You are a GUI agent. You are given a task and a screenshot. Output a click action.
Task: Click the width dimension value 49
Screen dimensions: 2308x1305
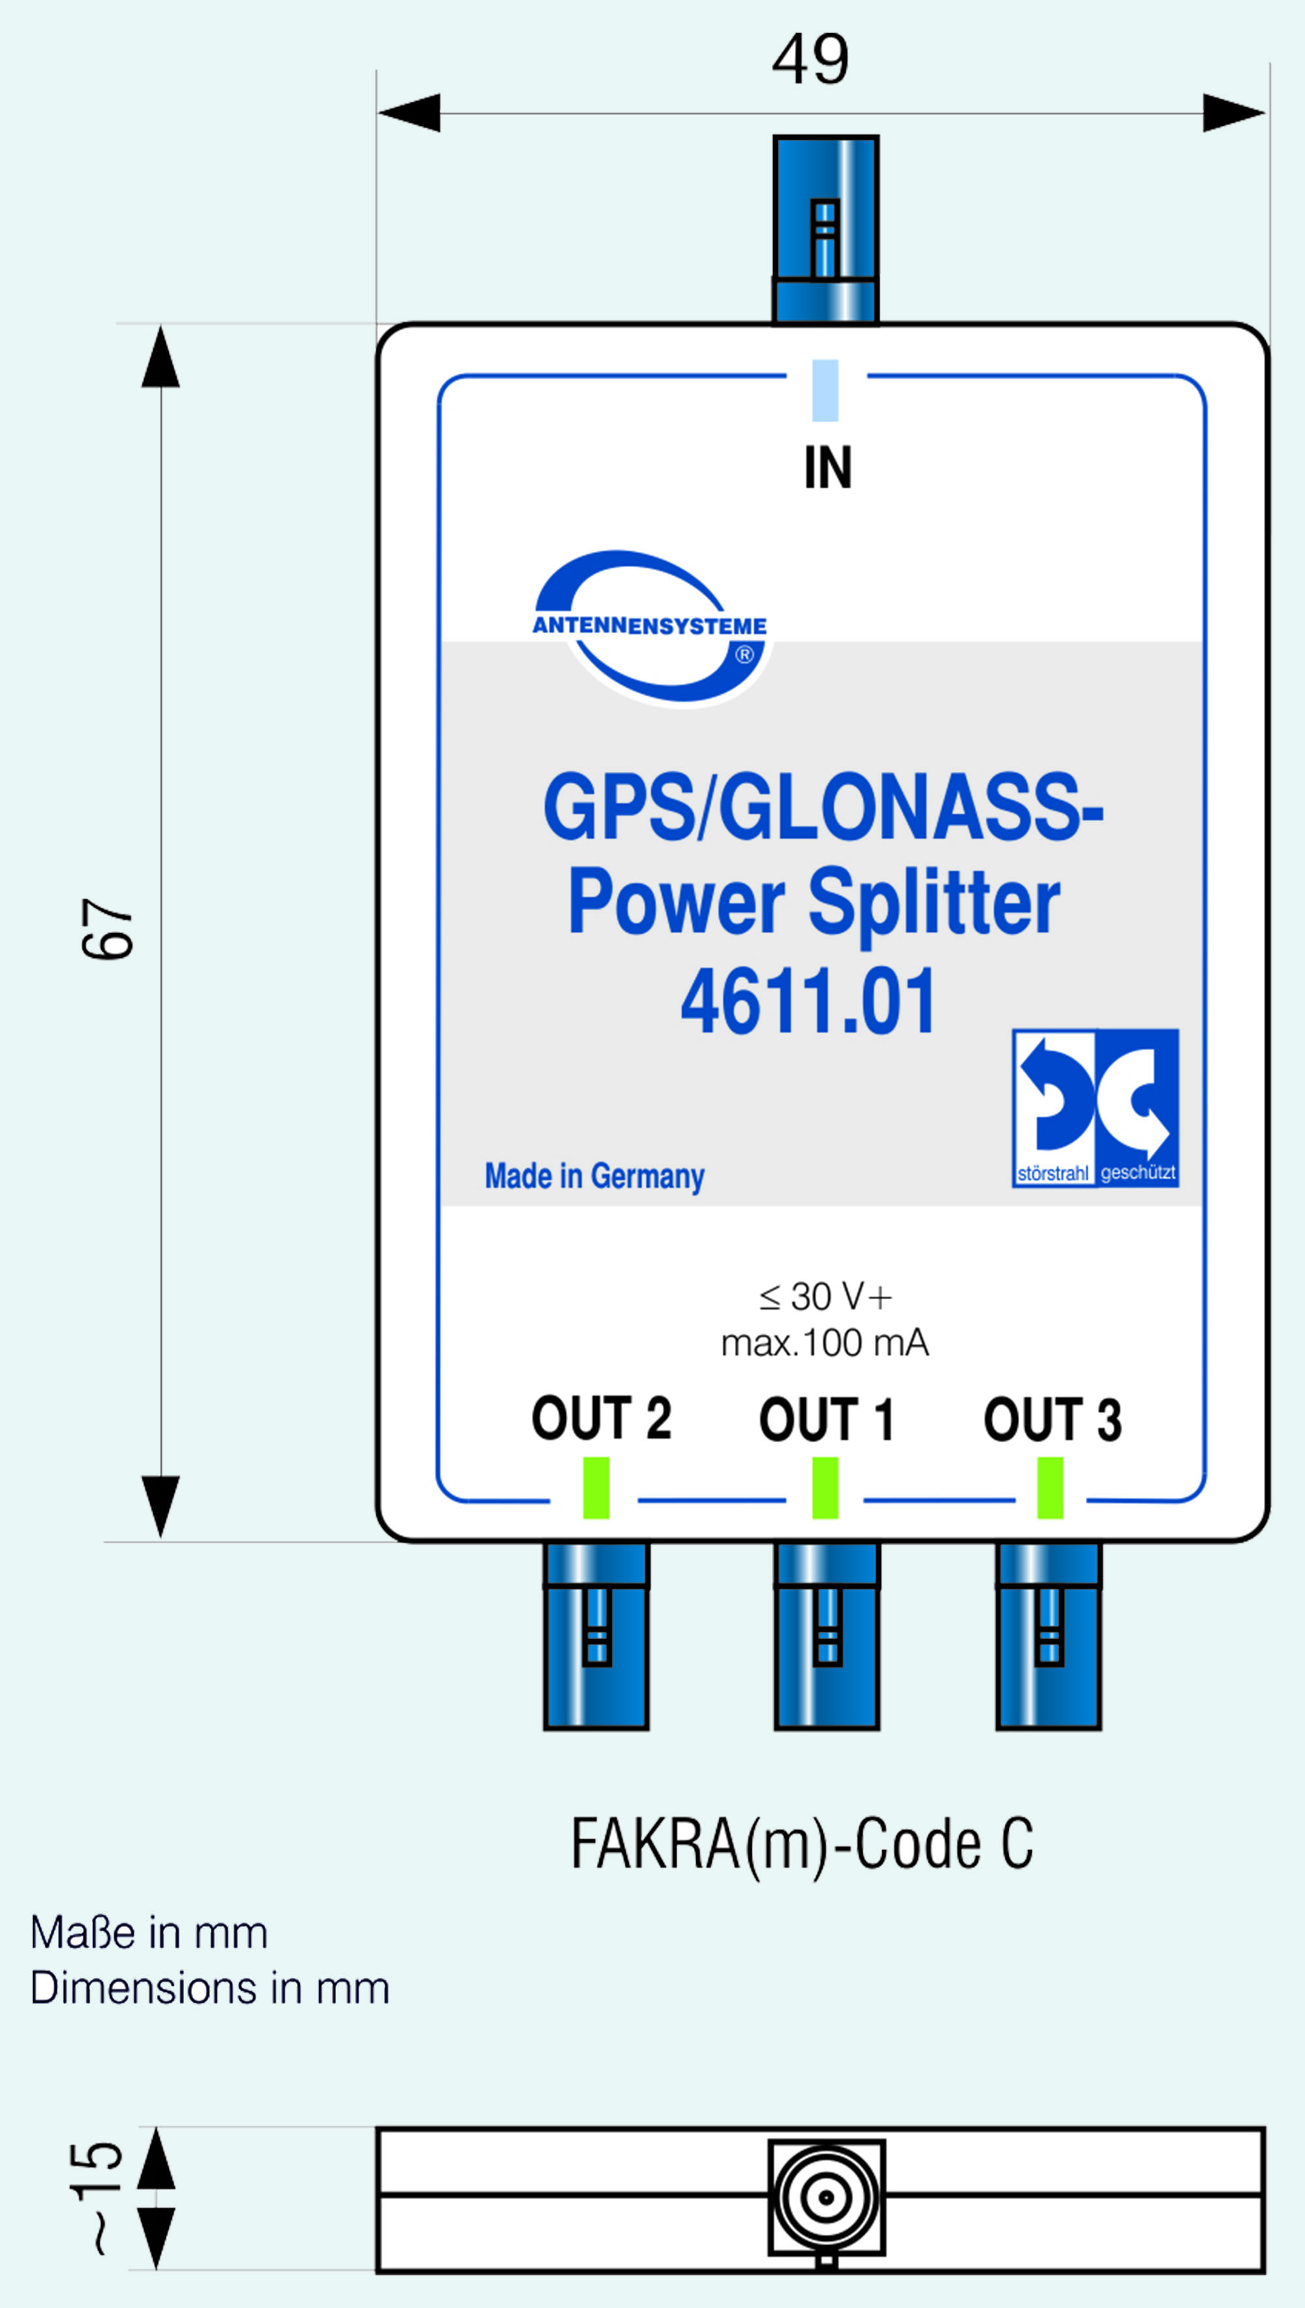coord(810,59)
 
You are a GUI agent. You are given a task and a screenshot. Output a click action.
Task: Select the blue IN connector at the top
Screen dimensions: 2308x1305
coord(825,230)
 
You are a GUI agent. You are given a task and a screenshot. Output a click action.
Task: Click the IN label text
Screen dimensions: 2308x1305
coord(827,467)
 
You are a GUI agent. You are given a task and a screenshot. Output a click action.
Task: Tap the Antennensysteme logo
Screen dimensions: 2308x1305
coord(650,628)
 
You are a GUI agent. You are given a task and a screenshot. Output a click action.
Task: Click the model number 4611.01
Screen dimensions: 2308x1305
coord(808,1002)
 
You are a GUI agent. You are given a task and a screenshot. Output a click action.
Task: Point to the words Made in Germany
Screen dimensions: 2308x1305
coord(594,1175)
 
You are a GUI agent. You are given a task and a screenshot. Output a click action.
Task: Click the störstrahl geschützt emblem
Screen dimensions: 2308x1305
coord(1096,1108)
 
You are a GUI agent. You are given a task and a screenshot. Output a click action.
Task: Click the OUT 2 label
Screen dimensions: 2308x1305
coord(602,1418)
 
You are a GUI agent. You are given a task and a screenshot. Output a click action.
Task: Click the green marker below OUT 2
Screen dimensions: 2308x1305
coord(596,1488)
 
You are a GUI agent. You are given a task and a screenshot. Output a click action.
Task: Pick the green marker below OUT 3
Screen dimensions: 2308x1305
coord(1050,1488)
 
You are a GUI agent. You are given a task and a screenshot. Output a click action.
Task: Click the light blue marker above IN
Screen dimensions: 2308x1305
coord(825,390)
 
